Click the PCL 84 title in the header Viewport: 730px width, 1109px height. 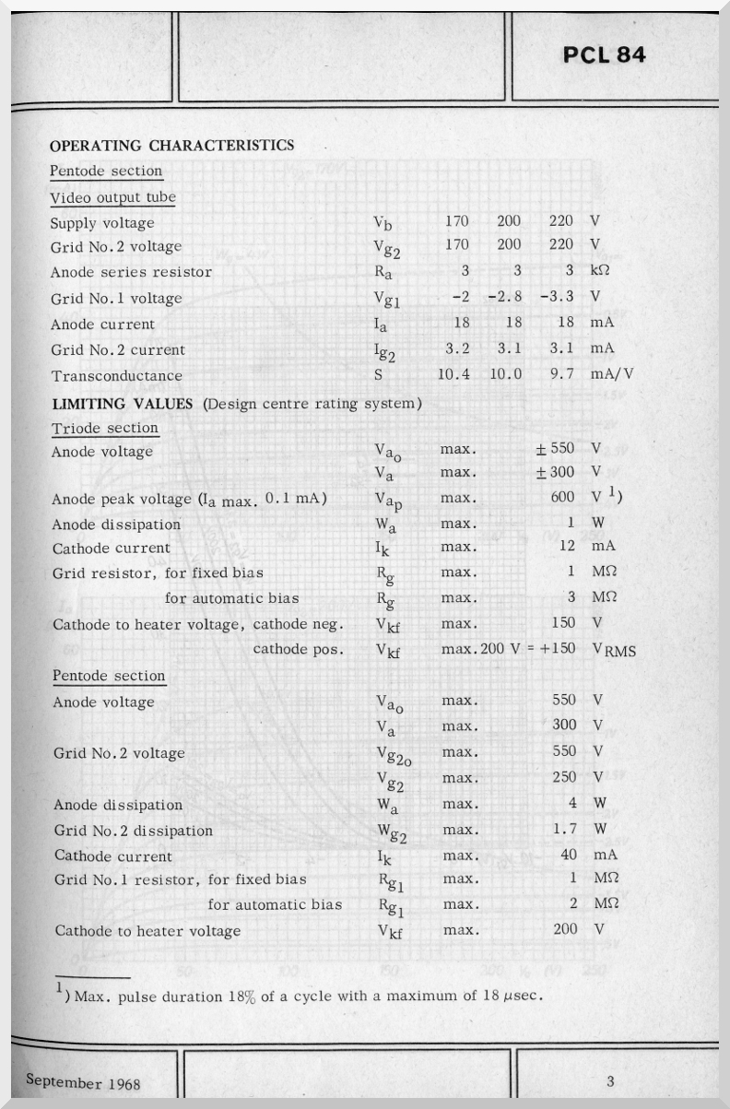point(605,54)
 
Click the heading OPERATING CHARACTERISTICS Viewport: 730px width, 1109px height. point(171,145)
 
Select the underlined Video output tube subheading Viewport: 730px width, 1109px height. point(112,197)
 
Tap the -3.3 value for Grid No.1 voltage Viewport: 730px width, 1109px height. point(557,297)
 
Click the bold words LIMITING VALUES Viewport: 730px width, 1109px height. point(121,403)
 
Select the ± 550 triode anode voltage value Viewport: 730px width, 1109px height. point(555,448)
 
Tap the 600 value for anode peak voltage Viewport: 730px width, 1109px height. point(563,498)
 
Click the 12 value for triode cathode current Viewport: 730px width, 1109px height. point(568,547)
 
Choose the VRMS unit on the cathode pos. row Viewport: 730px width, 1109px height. point(614,650)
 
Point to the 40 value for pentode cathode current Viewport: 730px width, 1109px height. point(569,855)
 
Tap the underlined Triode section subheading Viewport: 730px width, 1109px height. point(105,429)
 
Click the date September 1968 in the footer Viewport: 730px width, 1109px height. point(83,1081)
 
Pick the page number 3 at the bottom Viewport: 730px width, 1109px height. point(610,1080)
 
